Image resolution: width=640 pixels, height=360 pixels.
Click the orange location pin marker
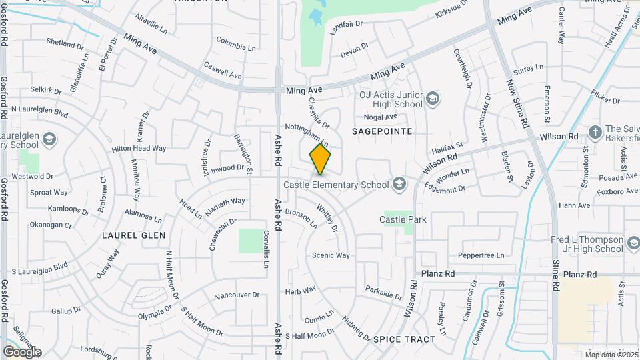[x=320, y=160]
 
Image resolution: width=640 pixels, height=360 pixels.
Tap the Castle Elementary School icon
[x=399, y=185]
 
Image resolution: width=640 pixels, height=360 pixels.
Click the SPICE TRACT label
[x=404, y=339]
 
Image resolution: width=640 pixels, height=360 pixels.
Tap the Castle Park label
[x=403, y=219]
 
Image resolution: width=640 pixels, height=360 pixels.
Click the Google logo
[x=22, y=351]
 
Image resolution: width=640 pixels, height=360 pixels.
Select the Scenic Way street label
[x=331, y=255]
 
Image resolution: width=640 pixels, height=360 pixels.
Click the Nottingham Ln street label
[x=307, y=133]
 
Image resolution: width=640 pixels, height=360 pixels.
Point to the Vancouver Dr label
[x=237, y=295]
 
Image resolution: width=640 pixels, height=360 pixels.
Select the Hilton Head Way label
[x=139, y=149]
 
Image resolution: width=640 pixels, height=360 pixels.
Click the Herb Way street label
[x=301, y=291]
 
